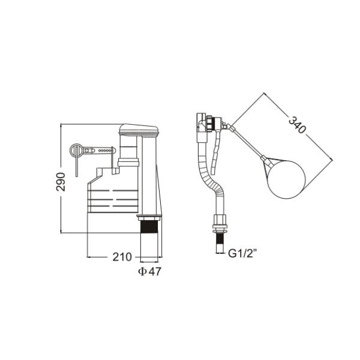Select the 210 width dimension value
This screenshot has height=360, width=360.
point(122,257)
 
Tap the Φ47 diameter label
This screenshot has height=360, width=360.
point(149,271)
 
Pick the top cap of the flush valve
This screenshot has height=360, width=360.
point(139,129)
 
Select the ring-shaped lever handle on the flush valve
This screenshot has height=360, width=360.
point(77,150)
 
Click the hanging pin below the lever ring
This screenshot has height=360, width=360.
point(77,167)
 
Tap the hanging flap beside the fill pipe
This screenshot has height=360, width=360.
point(217,147)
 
